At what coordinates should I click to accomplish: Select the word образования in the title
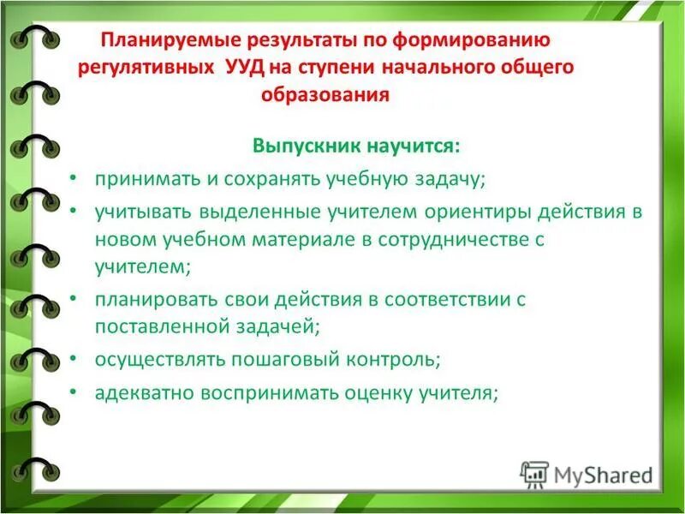coord(325,95)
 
